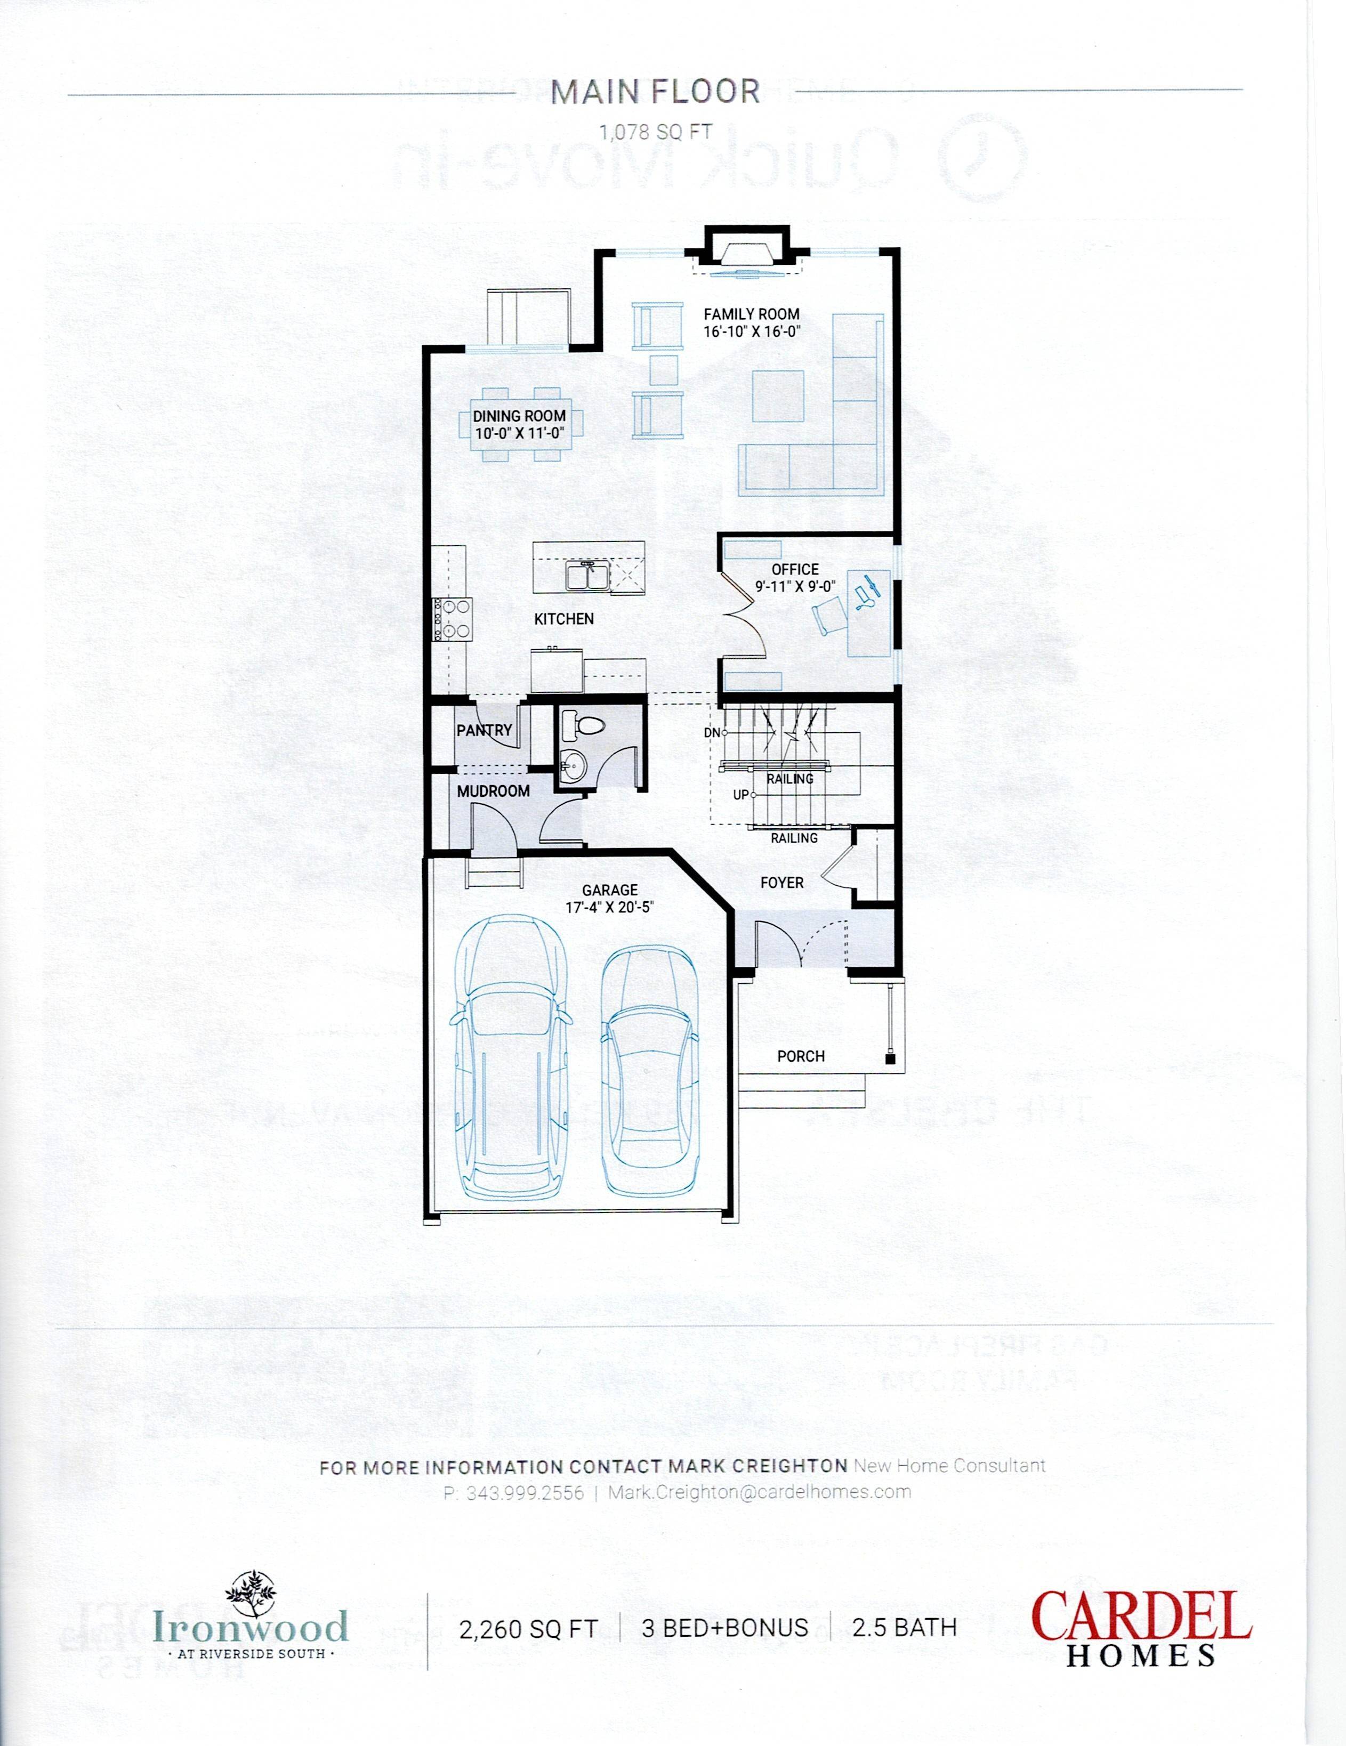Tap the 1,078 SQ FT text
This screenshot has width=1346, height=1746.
[x=655, y=133]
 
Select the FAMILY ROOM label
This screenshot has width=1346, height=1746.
[x=751, y=314]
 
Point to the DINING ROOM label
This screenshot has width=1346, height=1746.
[x=519, y=416]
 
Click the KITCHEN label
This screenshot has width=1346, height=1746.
[x=564, y=619]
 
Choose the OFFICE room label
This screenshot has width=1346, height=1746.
[x=795, y=569]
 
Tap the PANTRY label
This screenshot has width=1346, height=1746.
[x=484, y=730]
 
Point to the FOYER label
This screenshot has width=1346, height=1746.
[x=781, y=883]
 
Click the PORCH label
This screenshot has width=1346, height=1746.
[x=801, y=1056]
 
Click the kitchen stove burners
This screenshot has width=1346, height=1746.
[x=453, y=619]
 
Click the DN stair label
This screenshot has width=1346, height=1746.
[x=711, y=732]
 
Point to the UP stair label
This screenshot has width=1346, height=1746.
[x=740, y=795]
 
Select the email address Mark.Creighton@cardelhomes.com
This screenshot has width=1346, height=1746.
[x=759, y=1492]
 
